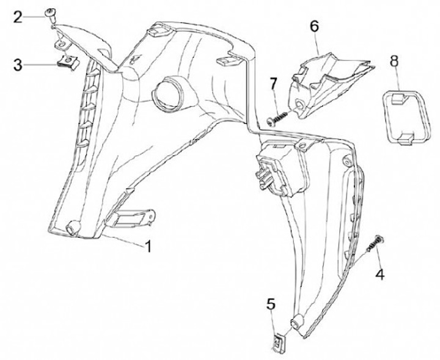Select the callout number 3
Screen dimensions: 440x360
coord(18,63)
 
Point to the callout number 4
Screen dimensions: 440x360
coord(380,275)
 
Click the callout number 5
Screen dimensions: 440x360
coord(271,304)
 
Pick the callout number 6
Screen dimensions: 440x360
coord(314,26)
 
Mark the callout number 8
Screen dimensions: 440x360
coord(394,60)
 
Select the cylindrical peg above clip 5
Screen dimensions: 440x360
coord(299,322)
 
